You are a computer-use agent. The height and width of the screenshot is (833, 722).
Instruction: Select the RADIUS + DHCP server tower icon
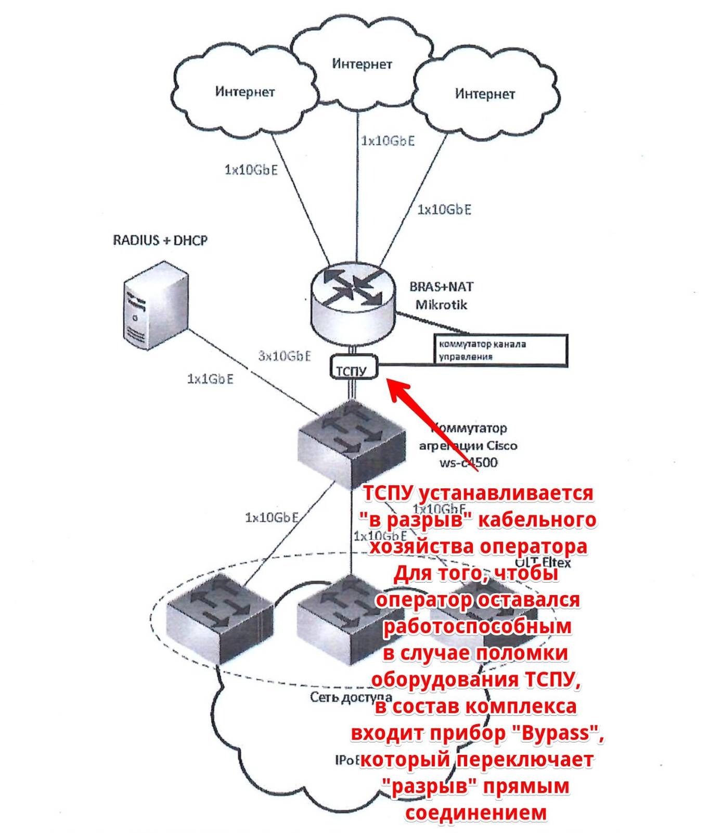[x=156, y=306]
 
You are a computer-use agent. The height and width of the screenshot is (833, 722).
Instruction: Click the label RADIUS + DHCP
[x=160, y=241]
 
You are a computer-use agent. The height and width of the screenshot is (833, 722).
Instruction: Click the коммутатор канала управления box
[x=500, y=350]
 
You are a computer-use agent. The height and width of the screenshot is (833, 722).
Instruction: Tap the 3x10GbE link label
[x=285, y=356]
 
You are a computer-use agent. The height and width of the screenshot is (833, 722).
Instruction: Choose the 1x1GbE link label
[x=210, y=379]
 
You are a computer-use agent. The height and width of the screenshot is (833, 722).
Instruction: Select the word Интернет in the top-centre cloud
[x=362, y=64]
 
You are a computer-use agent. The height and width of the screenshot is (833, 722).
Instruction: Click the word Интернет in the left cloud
[x=244, y=92]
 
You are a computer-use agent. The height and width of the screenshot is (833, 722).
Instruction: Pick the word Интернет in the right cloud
[x=485, y=94]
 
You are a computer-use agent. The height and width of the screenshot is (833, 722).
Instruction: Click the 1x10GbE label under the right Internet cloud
[x=444, y=209]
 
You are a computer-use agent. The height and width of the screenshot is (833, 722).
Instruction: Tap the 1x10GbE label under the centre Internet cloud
[x=388, y=141]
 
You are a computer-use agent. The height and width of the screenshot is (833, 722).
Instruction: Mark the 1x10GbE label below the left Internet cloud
[x=251, y=169]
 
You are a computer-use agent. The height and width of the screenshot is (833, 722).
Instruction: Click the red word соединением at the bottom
[x=476, y=813]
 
